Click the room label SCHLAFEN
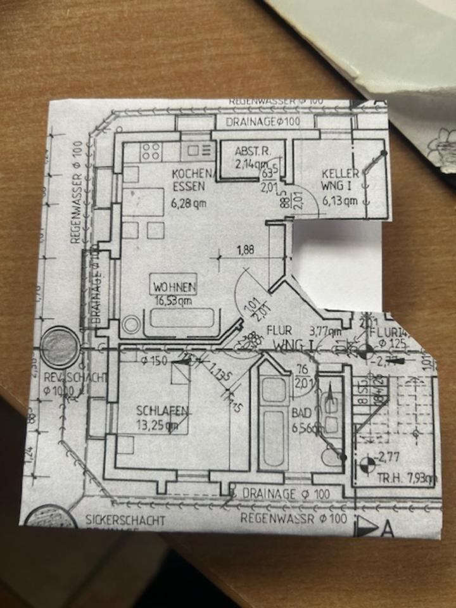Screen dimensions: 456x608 [x=162, y=411]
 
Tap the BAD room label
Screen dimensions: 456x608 [x=301, y=412]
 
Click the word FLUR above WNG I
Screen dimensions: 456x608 [x=279, y=330]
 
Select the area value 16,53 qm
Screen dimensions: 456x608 [x=174, y=301]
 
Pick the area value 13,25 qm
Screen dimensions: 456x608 [x=157, y=426]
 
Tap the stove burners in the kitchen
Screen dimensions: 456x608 [x=151, y=151]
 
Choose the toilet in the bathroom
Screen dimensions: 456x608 [x=330, y=455]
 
